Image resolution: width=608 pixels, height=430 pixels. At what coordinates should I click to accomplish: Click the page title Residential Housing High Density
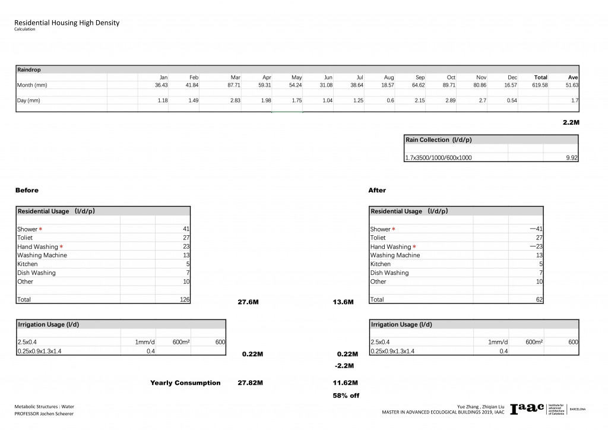66,23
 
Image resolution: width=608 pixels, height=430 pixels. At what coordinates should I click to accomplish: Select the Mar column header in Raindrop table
235,77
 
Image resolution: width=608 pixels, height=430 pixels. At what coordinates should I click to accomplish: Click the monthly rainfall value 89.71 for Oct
446,86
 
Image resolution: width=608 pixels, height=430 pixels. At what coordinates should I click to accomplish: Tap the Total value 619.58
539,86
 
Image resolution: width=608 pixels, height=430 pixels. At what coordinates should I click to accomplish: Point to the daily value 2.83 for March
235,100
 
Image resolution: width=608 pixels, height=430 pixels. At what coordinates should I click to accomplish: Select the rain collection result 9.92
571,158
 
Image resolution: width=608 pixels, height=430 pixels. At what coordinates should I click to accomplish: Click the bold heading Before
27,191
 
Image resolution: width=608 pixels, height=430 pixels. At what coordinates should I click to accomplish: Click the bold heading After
377,191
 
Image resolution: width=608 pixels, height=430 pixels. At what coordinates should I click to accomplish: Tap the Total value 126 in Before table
184,299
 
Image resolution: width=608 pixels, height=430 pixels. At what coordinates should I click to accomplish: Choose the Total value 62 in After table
539,299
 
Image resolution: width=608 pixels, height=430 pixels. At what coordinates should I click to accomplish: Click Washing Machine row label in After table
395,255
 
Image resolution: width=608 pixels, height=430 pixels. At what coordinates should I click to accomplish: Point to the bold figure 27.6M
248,302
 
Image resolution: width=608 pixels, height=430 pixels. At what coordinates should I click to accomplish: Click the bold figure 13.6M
343,302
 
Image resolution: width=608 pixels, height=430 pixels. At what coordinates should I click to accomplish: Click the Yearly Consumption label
185,383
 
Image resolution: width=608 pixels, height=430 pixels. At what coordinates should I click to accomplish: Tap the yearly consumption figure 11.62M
345,383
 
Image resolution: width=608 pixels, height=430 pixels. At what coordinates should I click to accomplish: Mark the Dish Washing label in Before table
36,273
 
